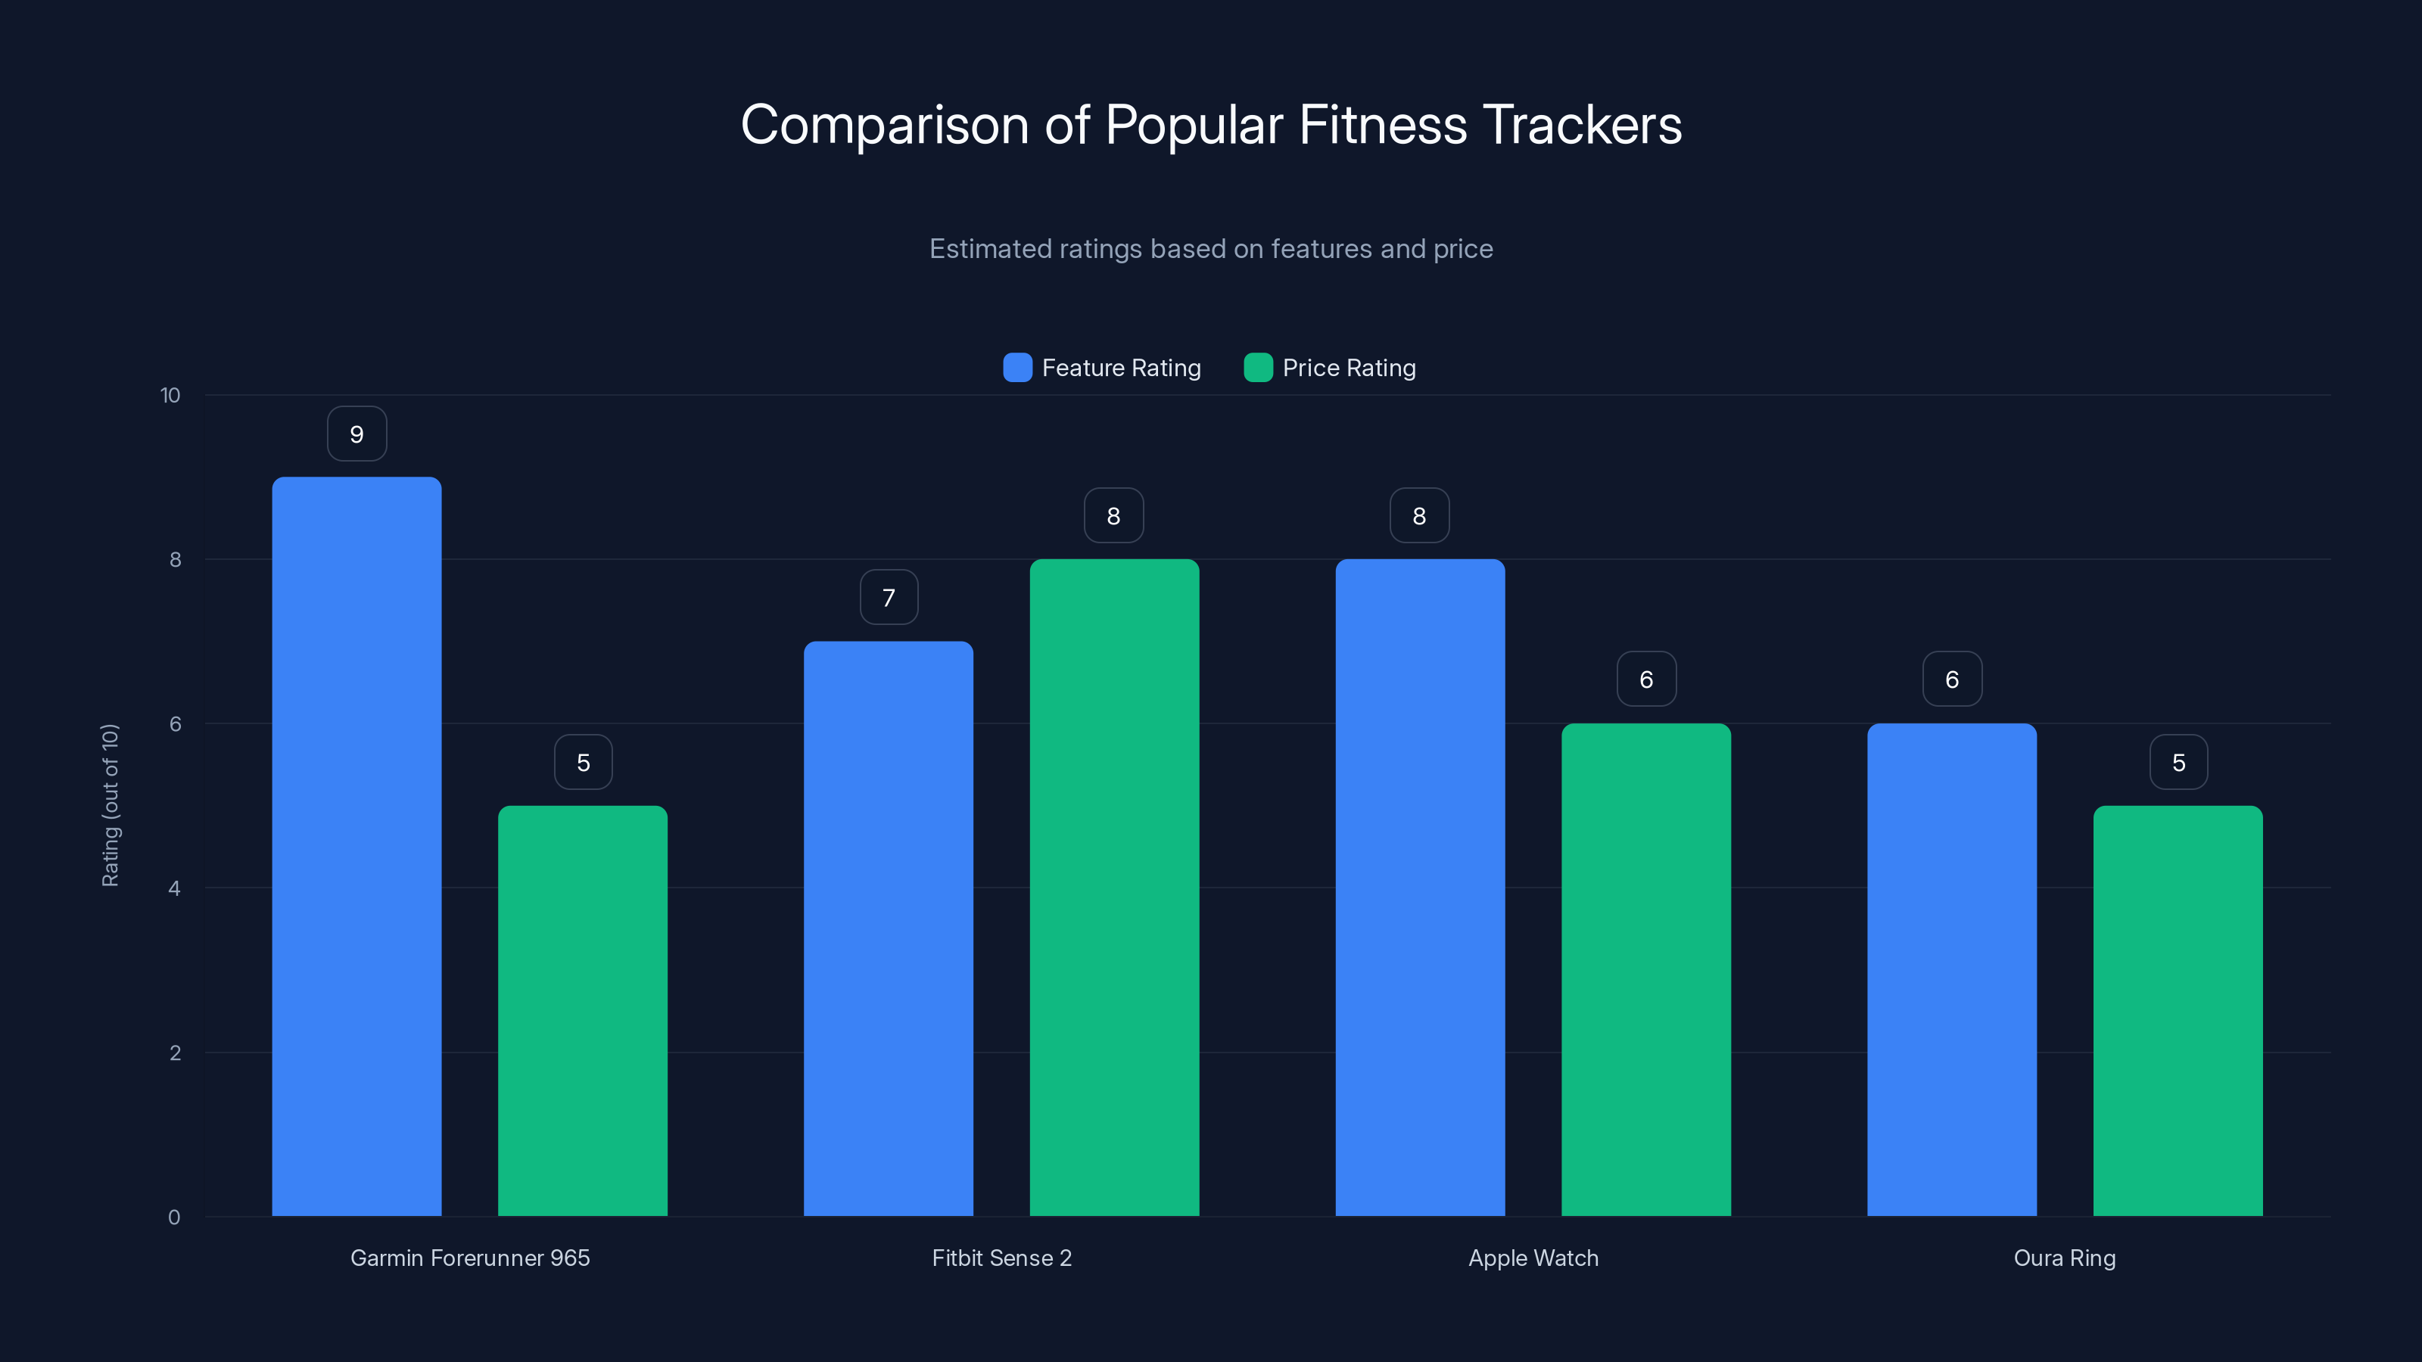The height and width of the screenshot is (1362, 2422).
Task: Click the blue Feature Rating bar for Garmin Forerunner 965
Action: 356,846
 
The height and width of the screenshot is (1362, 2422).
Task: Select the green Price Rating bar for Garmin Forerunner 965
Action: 582,1010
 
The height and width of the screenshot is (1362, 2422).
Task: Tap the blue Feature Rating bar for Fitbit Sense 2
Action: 888,928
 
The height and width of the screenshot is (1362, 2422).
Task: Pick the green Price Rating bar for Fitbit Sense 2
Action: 1114,888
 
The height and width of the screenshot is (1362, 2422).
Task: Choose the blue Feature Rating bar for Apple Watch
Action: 1420,888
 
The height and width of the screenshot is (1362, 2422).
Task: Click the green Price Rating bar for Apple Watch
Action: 1645,969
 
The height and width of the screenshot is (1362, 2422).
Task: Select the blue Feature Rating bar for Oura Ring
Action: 1952,969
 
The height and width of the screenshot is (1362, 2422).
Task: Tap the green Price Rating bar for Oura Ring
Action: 2178,1010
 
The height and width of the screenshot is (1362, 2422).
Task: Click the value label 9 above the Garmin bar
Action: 356,434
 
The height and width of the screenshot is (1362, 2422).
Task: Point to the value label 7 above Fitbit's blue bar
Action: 889,598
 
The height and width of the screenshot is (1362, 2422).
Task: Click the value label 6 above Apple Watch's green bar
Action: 1646,679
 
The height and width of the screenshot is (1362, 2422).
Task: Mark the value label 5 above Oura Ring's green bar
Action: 2178,762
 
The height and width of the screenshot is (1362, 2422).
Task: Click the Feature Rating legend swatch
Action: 1017,368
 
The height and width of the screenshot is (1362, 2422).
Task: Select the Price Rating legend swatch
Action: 1258,368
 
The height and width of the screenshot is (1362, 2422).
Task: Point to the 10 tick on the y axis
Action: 170,395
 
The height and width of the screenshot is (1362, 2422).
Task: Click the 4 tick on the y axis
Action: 174,888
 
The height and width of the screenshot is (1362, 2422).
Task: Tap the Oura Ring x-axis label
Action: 2065,1258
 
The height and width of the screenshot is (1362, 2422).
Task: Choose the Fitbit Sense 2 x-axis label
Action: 1001,1258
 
